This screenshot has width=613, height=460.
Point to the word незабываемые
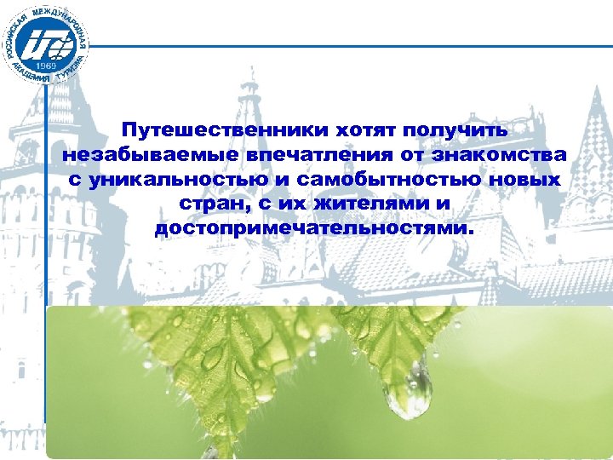(150, 156)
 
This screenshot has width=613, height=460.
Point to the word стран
(211, 205)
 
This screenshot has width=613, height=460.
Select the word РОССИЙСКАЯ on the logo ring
(12, 38)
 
